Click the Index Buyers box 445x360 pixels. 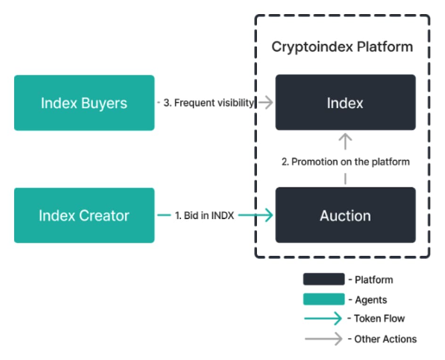click(84, 103)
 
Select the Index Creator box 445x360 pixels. click(84, 215)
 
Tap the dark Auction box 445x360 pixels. click(346, 215)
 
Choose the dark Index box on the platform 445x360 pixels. click(346, 102)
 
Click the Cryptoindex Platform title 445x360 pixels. click(342, 47)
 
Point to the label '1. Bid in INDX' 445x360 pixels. click(204, 216)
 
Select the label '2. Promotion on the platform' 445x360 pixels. click(346, 162)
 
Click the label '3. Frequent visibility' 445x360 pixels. click(208, 103)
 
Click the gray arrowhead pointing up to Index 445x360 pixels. click(346, 137)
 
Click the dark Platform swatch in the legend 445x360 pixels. click(324, 279)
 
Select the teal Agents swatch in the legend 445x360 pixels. click(324, 299)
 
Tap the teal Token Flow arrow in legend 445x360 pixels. click(323, 318)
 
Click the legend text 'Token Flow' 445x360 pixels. click(379, 319)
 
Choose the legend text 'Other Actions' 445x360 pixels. click(386, 339)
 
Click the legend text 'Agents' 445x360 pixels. click(371, 300)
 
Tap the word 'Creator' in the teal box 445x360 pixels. click(104, 216)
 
